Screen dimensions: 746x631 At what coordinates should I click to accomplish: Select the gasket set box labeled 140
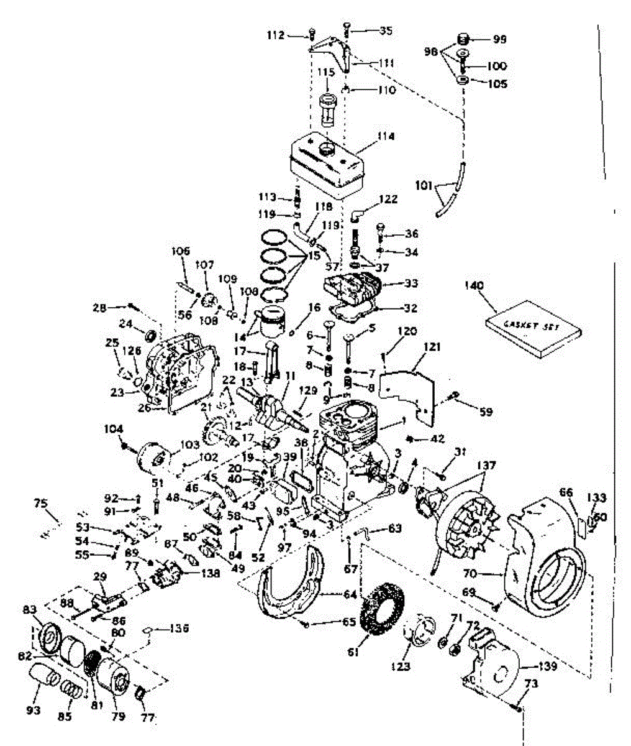click(x=533, y=328)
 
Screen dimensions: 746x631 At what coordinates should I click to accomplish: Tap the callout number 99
click(x=499, y=39)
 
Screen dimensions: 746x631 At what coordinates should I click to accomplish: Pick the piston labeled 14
click(x=273, y=322)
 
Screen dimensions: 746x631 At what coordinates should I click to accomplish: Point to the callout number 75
click(x=40, y=504)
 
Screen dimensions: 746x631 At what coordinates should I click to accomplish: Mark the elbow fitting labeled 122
click(x=356, y=215)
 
